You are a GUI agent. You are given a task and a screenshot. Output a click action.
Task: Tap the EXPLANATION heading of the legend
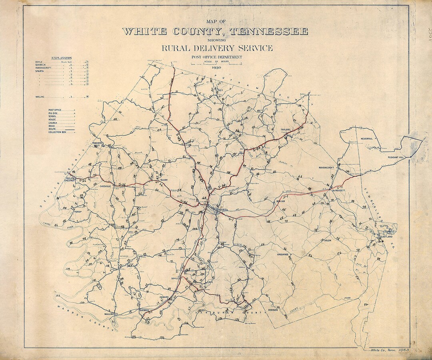(61, 58)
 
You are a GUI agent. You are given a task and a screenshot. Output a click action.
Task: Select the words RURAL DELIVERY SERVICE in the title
(217, 48)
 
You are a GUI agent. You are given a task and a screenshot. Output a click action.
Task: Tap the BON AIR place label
(280, 202)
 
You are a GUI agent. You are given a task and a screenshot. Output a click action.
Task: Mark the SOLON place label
(328, 241)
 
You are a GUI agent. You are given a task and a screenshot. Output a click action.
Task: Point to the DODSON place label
(273, 310)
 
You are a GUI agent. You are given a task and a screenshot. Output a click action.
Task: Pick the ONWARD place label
(164, 297)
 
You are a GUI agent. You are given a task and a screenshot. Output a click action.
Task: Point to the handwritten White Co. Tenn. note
(390, 350)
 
